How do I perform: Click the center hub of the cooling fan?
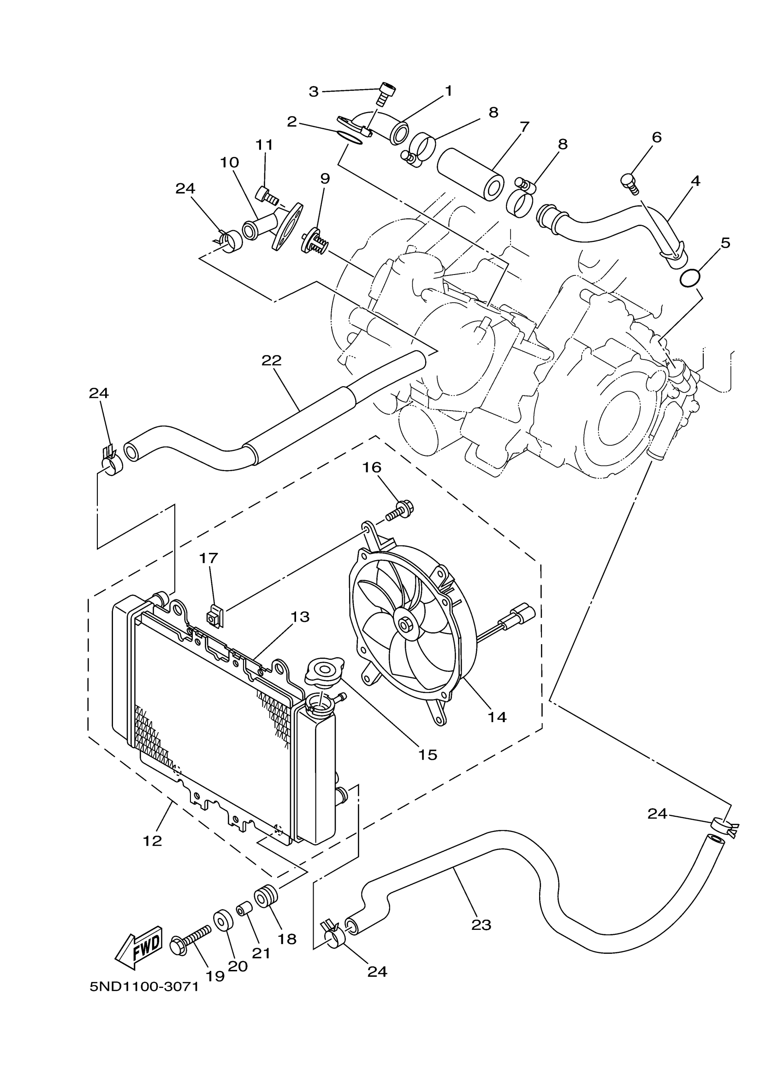(406, 625)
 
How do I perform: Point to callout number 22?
(272, 360)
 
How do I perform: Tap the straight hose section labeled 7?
(470, 174)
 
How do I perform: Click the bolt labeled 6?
(629, 183)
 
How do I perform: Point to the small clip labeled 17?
(214, 617)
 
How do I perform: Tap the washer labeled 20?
(223, 919)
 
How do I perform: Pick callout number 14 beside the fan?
(497, 730)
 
